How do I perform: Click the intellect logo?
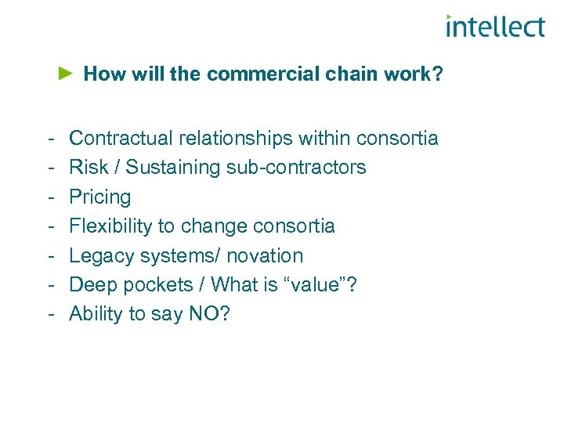coord(494,27)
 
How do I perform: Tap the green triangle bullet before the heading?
coord(67,74)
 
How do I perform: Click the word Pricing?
coord(99,197)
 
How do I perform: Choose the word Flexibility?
coord(110,226)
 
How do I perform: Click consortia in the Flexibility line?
coord(297,226)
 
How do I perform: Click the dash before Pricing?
coord(50,197)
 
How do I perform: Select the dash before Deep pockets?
coord(50,285)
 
